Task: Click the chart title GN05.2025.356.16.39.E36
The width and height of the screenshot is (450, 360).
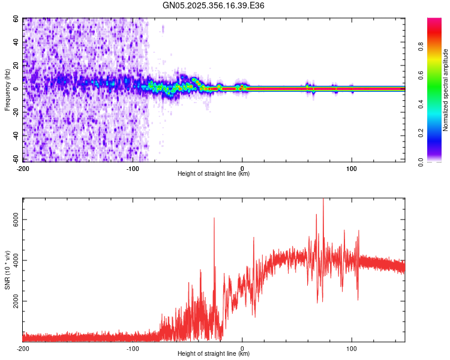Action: click(214, 5)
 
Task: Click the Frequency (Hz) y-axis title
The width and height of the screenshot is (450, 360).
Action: click(8, 90)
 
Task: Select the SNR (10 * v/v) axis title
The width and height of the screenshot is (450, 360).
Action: click(8, 270)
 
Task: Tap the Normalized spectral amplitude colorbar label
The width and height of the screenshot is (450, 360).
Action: click(446, 90)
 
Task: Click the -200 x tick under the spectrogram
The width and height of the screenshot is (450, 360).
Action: click(23, 168)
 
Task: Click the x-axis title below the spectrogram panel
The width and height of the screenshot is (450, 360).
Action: click(214, 174)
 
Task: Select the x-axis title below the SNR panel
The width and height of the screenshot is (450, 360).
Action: click(214, 354)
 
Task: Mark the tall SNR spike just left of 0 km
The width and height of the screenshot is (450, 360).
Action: click(214, 220)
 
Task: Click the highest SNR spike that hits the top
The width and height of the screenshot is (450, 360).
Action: click(323, 200)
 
